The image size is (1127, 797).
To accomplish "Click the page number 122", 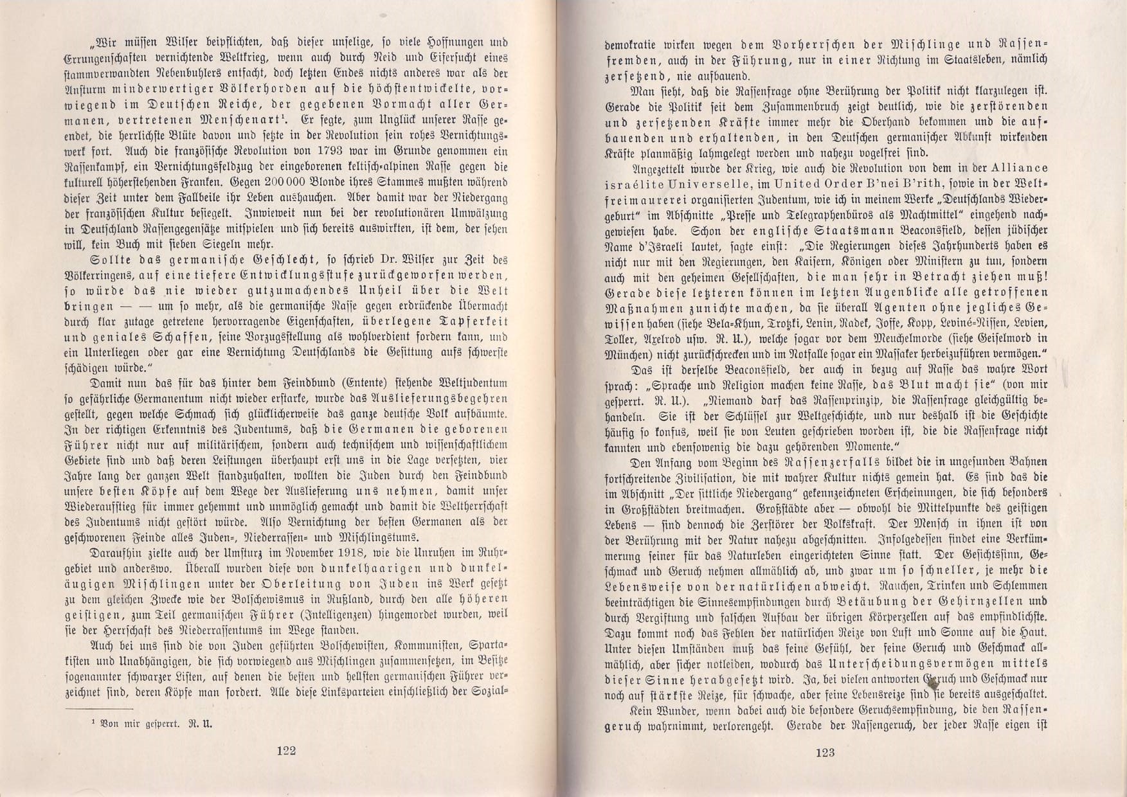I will coord(285,751).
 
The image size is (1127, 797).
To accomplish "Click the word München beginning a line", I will coord(627,354).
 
